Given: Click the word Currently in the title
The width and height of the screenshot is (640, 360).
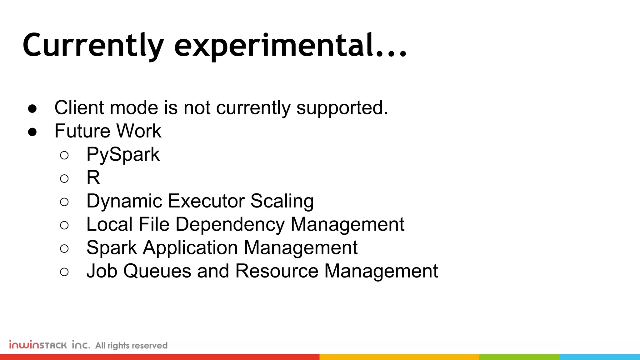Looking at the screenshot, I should click(93, 45).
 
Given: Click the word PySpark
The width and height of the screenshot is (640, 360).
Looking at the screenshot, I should click(123, 155).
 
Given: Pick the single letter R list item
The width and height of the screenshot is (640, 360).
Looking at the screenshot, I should click(93, 178).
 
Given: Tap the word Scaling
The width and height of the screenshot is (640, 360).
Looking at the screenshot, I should click(282, 201).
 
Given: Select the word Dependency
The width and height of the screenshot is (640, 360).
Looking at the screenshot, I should click(230, 225).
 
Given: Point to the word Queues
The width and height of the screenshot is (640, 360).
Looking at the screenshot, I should click(157, 271).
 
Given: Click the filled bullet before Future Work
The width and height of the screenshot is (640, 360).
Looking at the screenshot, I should click(32, 132).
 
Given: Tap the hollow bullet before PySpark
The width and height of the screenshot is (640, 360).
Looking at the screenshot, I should click(64, 155).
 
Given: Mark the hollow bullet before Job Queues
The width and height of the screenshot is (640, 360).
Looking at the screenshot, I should click(64, 272).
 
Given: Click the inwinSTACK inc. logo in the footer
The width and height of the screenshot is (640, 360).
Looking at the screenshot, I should click(49, 345).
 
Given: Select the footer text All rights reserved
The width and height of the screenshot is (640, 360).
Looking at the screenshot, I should click(131, 346).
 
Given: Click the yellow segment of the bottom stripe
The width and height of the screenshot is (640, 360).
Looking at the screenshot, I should click(399, 357).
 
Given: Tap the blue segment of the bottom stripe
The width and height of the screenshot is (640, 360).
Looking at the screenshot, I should click(599, 357).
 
